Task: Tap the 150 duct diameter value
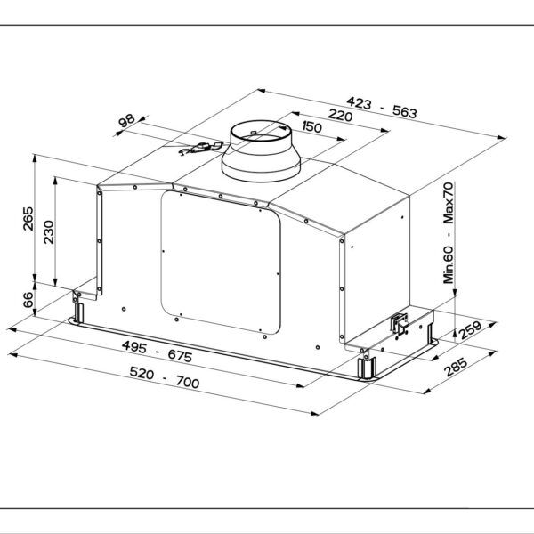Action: click(311, 127)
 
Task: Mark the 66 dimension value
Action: click(27, 300)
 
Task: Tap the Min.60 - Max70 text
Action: click(449, 231)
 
